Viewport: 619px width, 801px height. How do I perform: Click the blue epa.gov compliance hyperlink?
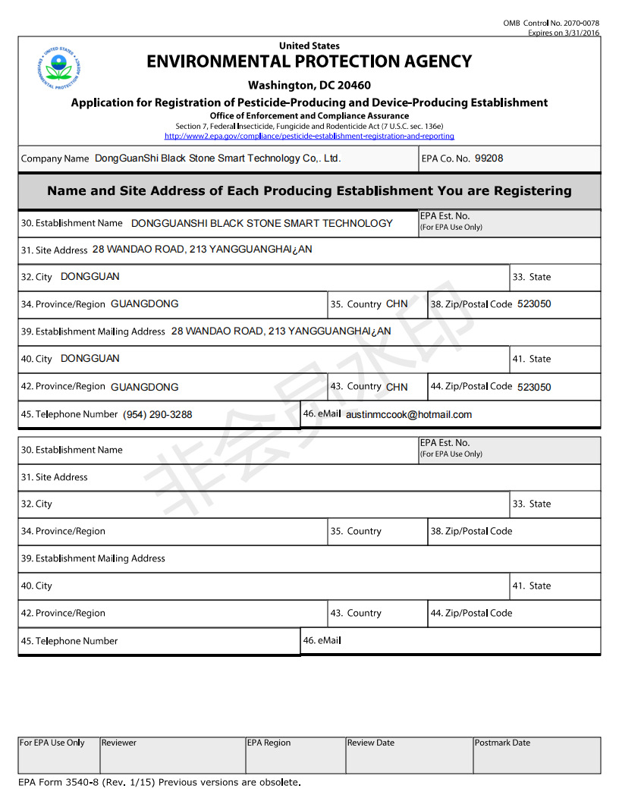(309, 137)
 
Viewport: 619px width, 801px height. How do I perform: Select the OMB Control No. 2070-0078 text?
(551, 24)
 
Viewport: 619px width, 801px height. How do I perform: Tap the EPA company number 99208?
(489, 159)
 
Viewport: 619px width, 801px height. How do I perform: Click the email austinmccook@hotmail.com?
(409, 414)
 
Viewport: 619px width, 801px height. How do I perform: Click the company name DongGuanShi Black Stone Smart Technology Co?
(218, 159)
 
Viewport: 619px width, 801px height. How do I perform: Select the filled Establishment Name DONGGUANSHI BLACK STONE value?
(262, 223)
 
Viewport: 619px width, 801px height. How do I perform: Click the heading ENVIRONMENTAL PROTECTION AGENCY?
(309, 61)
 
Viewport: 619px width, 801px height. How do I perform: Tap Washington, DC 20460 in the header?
(309, 85)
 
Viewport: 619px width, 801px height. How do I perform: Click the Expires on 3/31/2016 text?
(564, 33)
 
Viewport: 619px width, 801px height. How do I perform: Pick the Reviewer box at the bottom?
(171, 755)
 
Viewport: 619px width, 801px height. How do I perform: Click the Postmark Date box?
(536, 755)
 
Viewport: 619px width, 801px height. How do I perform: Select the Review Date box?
(409, 755)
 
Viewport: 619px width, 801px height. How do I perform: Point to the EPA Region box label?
(268, 743)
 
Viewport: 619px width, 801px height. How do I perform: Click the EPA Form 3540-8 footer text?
(159, 782)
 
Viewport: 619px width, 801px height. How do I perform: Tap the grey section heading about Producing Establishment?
(309, 191)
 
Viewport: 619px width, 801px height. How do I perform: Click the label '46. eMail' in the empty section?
(322, 640)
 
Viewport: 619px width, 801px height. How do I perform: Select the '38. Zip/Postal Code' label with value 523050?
(471, 304)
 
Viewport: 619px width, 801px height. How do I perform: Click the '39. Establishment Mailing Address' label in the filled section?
(93, 331)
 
